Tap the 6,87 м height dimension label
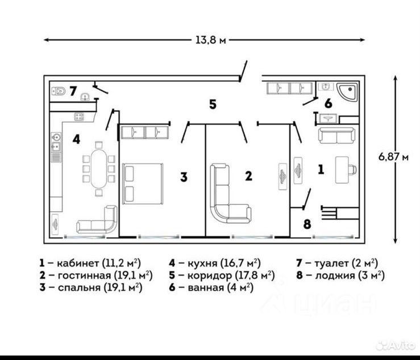[x=393, y=157]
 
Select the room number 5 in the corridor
[x=213, y=104]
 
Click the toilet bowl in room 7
[x=59, y=90]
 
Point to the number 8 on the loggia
[x=307, y=223]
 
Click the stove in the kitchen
[x=78, y=116]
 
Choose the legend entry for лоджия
[x=340, y=275]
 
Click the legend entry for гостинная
[x=97, y=275]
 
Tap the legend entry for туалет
[x=337, y=263]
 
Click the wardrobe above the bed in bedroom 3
[x=145, y=132]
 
